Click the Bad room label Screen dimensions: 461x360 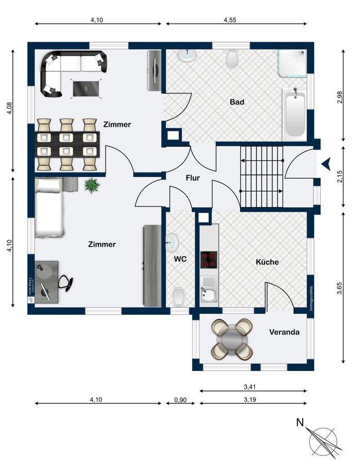pyautogui.click(x=237, y=102)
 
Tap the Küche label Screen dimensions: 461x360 pyautogui.click(x=267, y=262)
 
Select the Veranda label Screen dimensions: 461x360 pyautogui.click(x=284, y=332)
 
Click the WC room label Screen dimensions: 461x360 pyautogui.click(x=180, y=259)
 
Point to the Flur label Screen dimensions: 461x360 pyautogui.click(x=193, y=178)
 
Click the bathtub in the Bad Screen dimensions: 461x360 pyautogui.click(x=295, y=113)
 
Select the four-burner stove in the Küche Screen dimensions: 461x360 pyautogui.click(x=209, y=260)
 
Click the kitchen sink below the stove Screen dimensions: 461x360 pyautogui.click(x=209, y=292)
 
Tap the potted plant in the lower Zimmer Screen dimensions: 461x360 pyautogui.click(x=92, y=185)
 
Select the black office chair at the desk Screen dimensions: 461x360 pyautogui.click(x=65, y=282)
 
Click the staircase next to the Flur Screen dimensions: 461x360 pyautogui.click(x=262, y=176)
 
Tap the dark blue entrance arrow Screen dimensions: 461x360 pyautogui.click(x=325, y=164)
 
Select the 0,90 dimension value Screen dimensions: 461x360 pyautogui.click(x=180, y=399)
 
